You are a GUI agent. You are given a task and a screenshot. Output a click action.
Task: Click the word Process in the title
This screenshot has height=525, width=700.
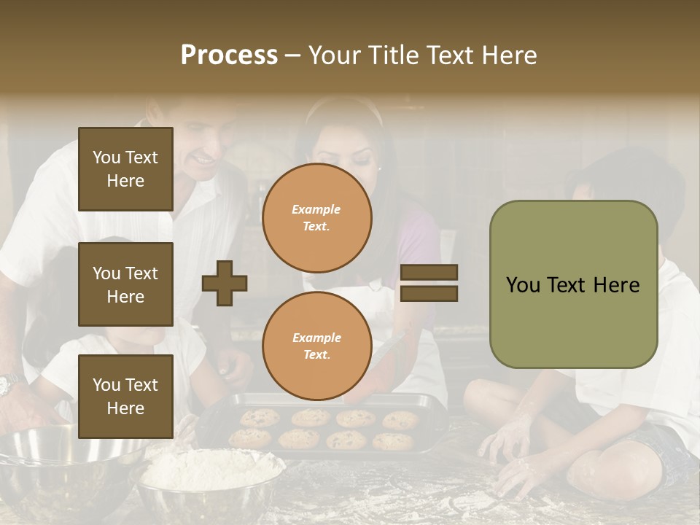[229, 55]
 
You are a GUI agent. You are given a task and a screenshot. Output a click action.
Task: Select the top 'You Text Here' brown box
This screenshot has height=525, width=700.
[125, 169]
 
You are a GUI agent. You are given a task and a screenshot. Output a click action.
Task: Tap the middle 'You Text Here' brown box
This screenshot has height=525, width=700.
[125, 284]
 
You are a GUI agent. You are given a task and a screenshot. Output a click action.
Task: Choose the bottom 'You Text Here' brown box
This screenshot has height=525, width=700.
[125, 396]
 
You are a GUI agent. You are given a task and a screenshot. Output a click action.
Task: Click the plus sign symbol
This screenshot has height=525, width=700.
[225, 283]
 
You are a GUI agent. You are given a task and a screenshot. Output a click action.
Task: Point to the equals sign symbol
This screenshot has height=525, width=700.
[429, 283]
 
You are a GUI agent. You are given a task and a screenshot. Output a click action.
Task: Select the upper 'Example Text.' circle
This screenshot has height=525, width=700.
[316, 218]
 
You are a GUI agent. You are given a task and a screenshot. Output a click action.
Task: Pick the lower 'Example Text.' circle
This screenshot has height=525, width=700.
[316, 346]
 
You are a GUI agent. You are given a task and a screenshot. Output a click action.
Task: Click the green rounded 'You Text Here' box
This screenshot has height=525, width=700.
[573, 284]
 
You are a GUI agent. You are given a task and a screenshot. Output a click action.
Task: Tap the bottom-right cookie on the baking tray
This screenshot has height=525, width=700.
[392, 441]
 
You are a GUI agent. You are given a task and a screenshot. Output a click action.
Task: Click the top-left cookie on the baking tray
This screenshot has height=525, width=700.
[260, 418]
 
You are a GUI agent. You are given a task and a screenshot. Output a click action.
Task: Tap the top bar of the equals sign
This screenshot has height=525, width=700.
[429, 273]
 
